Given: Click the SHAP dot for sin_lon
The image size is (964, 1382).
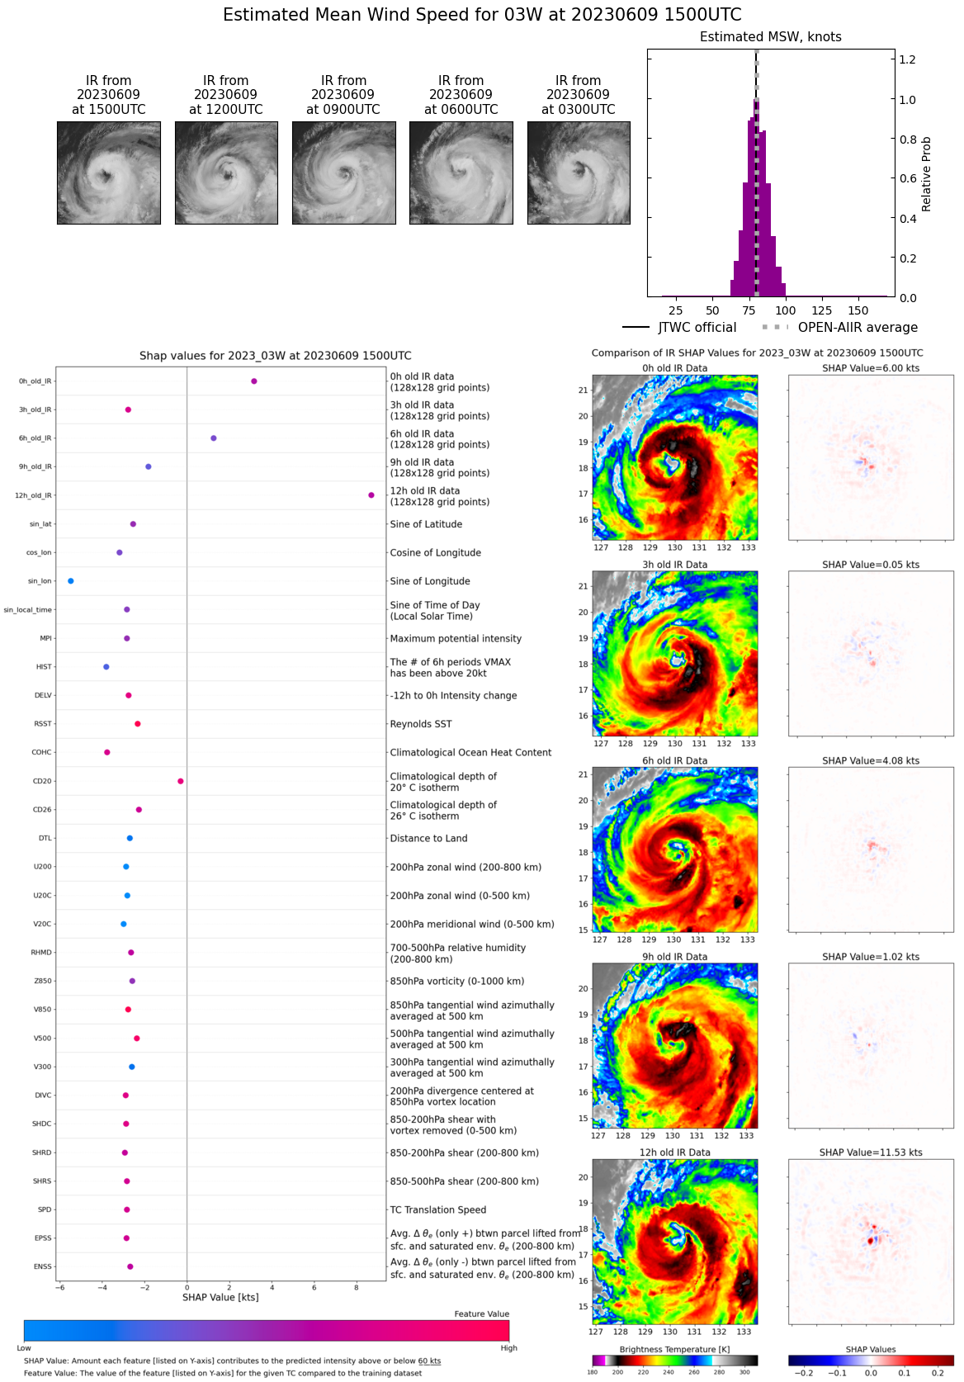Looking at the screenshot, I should [x=71, y=581].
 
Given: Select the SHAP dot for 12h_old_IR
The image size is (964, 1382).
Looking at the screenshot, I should [x=371, y=495].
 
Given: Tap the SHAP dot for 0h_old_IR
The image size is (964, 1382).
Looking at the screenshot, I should [x=254, y=381].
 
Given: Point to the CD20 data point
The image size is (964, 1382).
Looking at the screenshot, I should [x=181, y=781].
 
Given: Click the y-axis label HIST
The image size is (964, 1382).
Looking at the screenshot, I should [x=44, y=667].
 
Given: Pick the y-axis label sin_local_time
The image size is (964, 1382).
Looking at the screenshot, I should [x=28, y=610].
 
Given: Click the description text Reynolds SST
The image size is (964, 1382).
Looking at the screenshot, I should [x=421, y=724].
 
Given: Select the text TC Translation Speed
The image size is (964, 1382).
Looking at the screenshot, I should [x=437, y=1209].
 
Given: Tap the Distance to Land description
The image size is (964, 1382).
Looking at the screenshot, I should [x=428, y=838].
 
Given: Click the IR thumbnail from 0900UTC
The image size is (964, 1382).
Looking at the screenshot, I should [x=343, y=173].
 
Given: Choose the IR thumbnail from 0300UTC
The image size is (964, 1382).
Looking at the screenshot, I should [x=579, y=173].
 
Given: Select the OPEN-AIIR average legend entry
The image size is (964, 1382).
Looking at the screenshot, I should [x=839, y=328].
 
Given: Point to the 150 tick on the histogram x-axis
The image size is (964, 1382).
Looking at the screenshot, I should [x=858, y=310].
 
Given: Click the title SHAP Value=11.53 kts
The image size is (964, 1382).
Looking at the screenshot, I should [x=871, y=1152].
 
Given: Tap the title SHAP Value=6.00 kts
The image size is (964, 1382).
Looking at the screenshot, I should [x=871, y=368].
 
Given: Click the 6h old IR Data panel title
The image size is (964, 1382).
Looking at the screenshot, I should [x=674, y=760].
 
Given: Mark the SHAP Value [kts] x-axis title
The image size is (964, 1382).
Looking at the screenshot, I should [x=220, y=1298].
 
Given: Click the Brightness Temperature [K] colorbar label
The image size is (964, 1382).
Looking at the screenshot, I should [x=674, y=1349].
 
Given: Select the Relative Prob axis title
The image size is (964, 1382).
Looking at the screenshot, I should [x=927, y=173].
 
